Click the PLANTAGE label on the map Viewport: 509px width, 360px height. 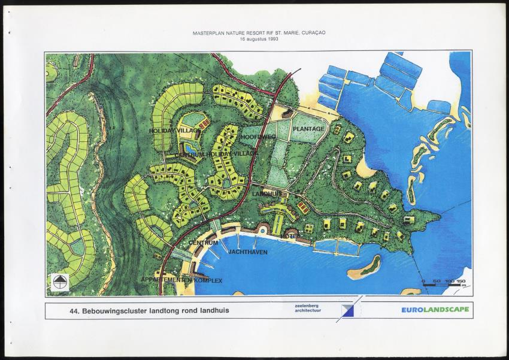coord(309,129)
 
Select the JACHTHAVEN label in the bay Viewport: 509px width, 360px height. coord(248,252)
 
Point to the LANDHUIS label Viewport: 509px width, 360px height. coord(266,194)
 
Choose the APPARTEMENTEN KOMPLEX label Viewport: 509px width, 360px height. coord(181,280)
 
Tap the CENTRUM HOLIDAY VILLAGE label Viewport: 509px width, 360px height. coord(216,155)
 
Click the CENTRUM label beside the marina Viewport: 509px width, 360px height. coord(203,243)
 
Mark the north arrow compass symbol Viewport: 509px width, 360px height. coord(59,282)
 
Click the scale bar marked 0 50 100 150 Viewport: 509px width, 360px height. coord(444,283)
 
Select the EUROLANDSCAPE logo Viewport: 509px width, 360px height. coord(435,309)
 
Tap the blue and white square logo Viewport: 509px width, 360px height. coord(348,310)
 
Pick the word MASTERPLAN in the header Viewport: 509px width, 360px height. coord(207,33)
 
